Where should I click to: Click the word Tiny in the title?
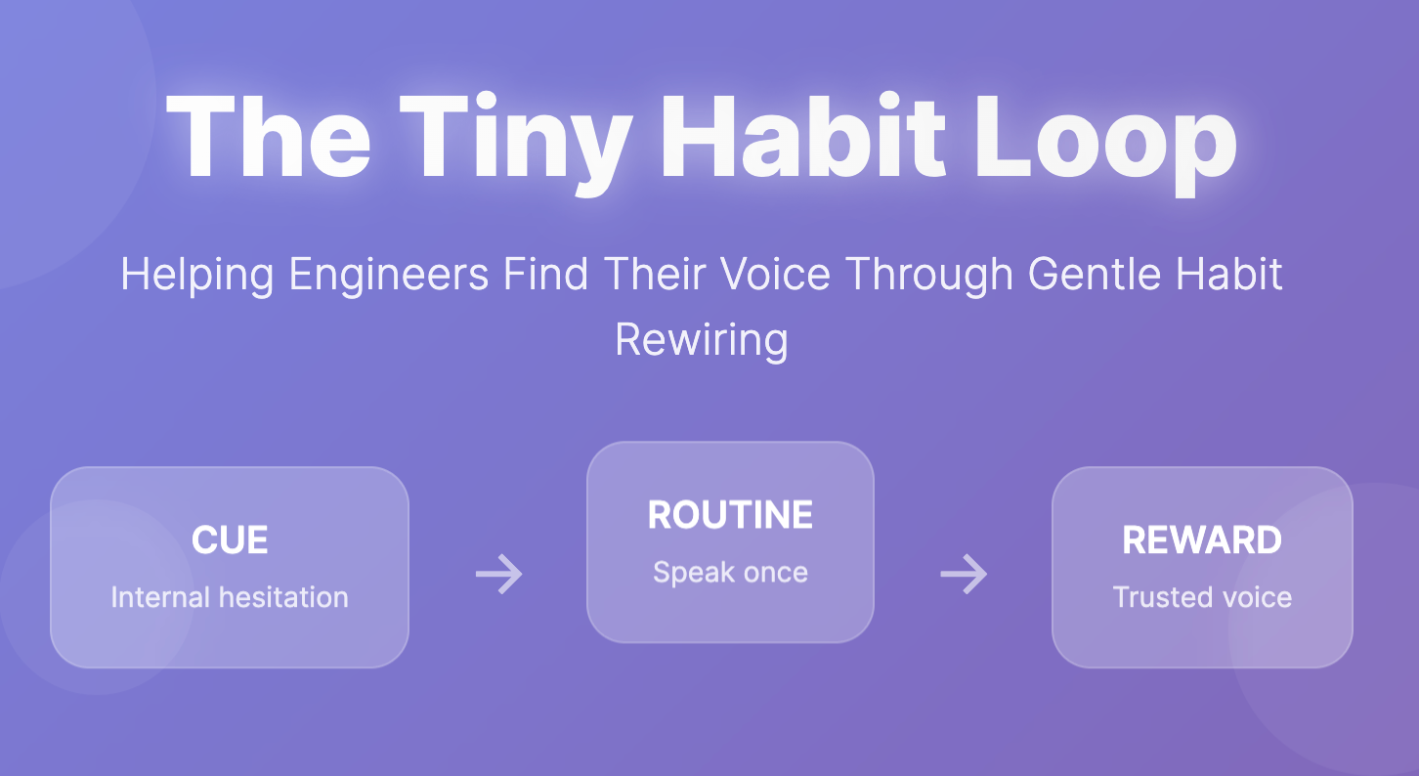click(x=516, y=143)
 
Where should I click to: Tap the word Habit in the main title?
click(x=803, y=136)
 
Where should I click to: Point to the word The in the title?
click(x=268, y=136)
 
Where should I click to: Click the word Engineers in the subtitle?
click(x=388, y=275)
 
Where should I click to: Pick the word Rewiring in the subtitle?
click(x=702, y=340)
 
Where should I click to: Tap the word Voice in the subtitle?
click(x=775, y=275)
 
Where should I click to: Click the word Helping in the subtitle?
click(x=197, y=275)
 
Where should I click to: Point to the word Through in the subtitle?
click(x=929, y=275)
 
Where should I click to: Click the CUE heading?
click(x=230, y=540)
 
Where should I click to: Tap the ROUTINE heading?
click(x=730, y=515)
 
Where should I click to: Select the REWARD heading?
click(x=1202, y=540)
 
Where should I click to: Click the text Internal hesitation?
click(x=230, y=597)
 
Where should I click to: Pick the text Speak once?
click(x=730, y=573)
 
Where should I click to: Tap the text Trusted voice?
click(x=1202, y=597)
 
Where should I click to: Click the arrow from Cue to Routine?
click(x=499, y=574)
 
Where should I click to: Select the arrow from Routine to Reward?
click(x=964, y=574)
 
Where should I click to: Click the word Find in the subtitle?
click(x=545, y=275)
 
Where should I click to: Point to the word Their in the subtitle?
click(x=655, y=275)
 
